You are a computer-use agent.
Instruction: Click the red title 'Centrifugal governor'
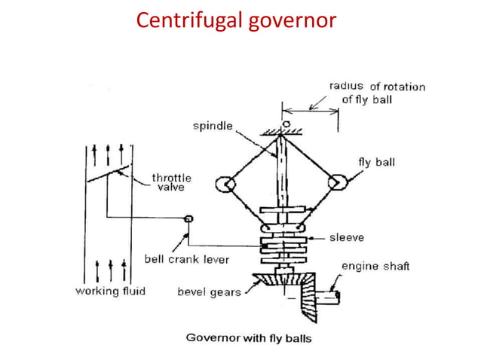click(235, 20)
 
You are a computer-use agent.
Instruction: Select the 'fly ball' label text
click(375, 162)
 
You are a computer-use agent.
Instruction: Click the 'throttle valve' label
click(172, 182)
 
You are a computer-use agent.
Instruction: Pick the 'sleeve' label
click(346, 237)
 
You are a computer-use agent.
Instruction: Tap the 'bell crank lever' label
click(186, 259)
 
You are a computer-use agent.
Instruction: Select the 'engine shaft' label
click(375, 266)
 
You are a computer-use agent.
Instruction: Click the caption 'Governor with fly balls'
click(249, 337)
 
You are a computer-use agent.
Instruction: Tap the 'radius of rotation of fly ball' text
click(376, 93)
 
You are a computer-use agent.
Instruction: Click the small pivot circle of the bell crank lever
click(188, 218)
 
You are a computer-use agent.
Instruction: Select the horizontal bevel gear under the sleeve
click(280, 284)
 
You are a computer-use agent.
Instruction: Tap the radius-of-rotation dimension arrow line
click(311, 111)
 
